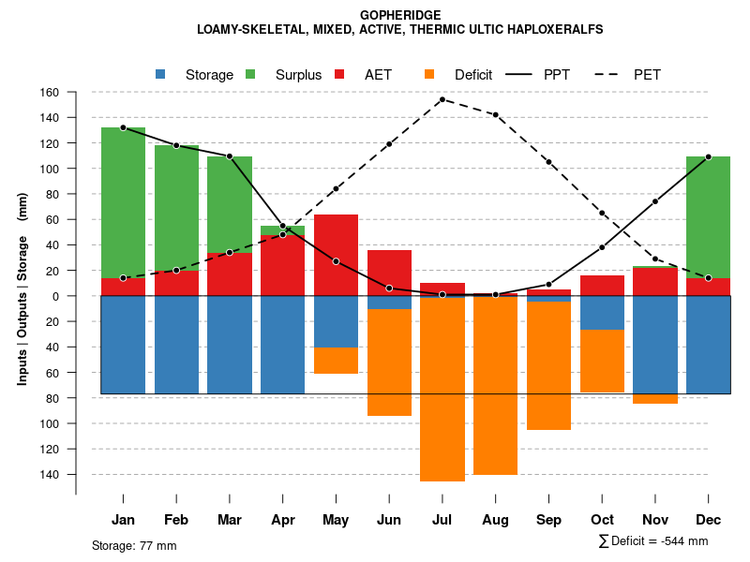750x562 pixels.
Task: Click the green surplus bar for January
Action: [x=123, y=201]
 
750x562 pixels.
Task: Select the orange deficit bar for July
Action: [x=442, y=389]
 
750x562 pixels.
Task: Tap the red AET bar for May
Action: [x=336, y=255]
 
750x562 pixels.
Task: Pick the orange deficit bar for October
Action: [x=602, y=361]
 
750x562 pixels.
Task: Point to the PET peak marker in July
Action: [x=442, y=99]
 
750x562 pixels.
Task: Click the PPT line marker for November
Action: [x=655, y=201]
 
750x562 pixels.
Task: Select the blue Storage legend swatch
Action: [x=161, y=74]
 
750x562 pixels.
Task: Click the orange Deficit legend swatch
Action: [x=429, y=74]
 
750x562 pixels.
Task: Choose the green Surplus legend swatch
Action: [x=250, y=74]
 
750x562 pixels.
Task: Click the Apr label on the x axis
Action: [x=283, y=520]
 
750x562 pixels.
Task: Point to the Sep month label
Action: [x=548, y=520]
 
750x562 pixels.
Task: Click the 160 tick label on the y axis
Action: [x=50, y=93]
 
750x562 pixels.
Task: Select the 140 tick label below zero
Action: [x=50, y=474]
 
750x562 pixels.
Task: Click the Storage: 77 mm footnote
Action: [x=134, y=545]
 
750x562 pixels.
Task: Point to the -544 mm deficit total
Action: [x=687, y=541]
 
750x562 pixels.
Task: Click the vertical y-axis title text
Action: [x=22, y=296]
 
